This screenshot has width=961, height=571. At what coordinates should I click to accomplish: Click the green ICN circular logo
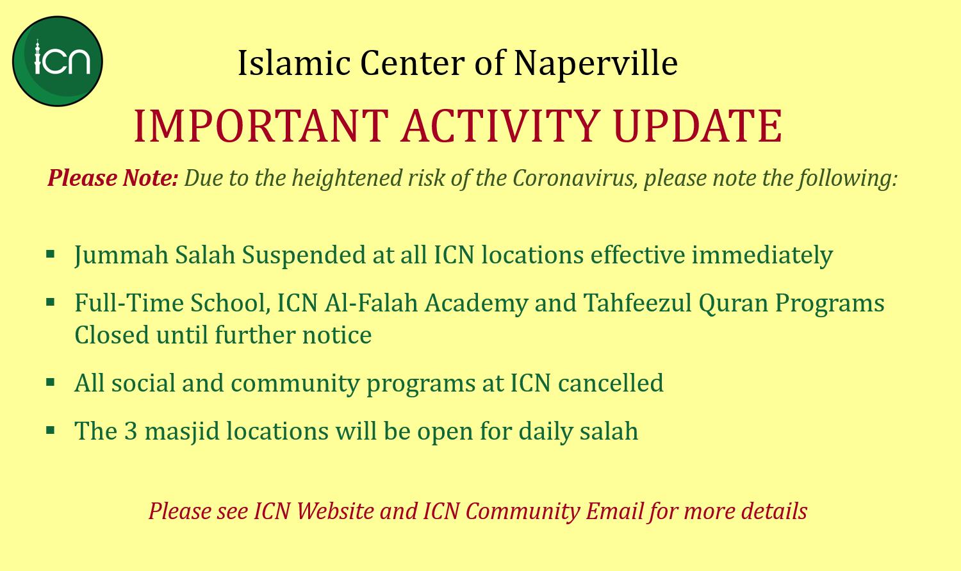pyautogui.click(x=58, y=62)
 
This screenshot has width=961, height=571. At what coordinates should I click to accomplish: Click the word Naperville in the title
pyautogui.click(x=596, y=64)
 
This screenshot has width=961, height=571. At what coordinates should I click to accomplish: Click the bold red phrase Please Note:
pyautogui.click(x=112, y=178)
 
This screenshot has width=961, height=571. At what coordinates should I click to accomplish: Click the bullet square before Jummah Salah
pyautogui.click(x=51, y=254)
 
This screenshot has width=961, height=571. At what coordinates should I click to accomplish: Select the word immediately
pyautogui.click(x=762, y=255)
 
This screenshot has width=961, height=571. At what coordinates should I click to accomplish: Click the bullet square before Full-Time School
pyautogui.click(x=51, y=302)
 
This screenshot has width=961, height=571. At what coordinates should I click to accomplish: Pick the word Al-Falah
pyautogui.click(x=371, y=303)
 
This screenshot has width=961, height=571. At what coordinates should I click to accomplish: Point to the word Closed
pyautogui.click(x=111, y=335)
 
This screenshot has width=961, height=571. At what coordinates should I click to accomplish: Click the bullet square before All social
pyautogui.click(x=51, y=382)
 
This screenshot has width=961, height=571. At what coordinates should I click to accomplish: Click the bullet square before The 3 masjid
pyautogui.click(x=51, y=430)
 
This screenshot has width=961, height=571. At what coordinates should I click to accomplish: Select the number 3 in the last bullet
pyautogui.click(x=131, y=431)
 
